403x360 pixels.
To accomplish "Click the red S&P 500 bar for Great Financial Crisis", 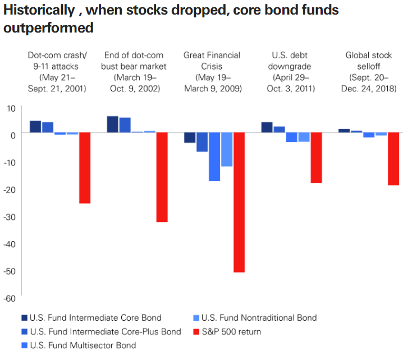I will [239, 202].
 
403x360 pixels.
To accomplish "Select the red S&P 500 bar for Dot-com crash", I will [84, 168].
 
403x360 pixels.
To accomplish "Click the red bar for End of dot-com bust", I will [162, 177].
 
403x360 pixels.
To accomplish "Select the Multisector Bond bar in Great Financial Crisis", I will [214, 157].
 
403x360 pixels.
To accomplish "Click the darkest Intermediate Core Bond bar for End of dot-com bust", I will [112, 124].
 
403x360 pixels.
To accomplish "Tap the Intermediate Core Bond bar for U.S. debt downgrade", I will [267, 127].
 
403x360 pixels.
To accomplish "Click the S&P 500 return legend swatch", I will [195, 331].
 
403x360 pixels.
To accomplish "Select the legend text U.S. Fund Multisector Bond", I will [83, 345].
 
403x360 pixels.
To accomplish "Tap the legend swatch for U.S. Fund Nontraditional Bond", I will [195, 318].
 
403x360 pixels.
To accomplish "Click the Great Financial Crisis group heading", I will [212, 72].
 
